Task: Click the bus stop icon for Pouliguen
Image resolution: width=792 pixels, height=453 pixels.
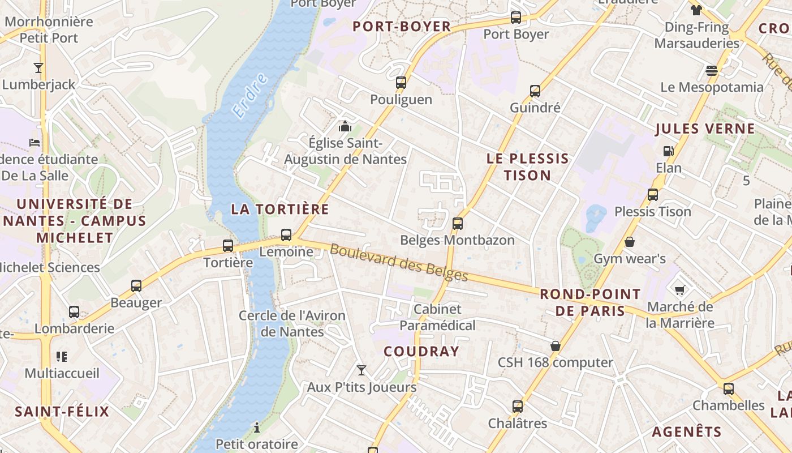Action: (x=401, y=83)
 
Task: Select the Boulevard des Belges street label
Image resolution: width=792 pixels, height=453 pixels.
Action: (x=399, y=262)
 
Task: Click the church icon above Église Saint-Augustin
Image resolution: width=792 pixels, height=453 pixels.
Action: (x=345, y=126)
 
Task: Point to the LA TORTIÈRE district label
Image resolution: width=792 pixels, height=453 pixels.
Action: (x=279, y=209)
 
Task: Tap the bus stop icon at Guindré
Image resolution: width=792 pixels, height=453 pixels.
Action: (x=535, y=91)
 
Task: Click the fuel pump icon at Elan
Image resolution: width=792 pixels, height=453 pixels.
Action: (x=668, y=151)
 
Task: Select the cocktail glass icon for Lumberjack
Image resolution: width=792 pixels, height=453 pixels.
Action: (x=38, y=68)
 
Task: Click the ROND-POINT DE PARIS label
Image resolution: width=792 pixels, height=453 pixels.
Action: (x=590, y=302)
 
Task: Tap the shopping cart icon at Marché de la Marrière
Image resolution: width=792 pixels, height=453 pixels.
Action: (x=679, y=290)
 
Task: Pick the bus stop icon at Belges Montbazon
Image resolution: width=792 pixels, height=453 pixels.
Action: (x=457, y=223)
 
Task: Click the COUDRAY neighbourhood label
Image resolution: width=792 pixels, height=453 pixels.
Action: (x=421, y=351)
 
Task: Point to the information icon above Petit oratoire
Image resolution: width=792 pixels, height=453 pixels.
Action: (x=256, y=427)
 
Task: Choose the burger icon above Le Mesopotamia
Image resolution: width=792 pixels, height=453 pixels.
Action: (x=712, y=70)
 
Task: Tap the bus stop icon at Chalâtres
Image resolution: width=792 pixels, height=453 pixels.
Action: (x=517, y=406)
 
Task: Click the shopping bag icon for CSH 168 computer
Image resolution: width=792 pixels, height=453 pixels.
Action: (x=556, y=345)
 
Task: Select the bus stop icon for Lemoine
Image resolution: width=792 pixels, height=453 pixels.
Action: (x=286, y=234)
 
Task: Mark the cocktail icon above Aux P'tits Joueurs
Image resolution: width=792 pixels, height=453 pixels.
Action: (x=361, y=370)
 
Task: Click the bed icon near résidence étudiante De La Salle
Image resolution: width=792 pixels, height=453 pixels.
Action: (x=35, y=142)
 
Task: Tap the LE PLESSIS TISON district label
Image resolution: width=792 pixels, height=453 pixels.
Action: (x=527, y=166)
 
